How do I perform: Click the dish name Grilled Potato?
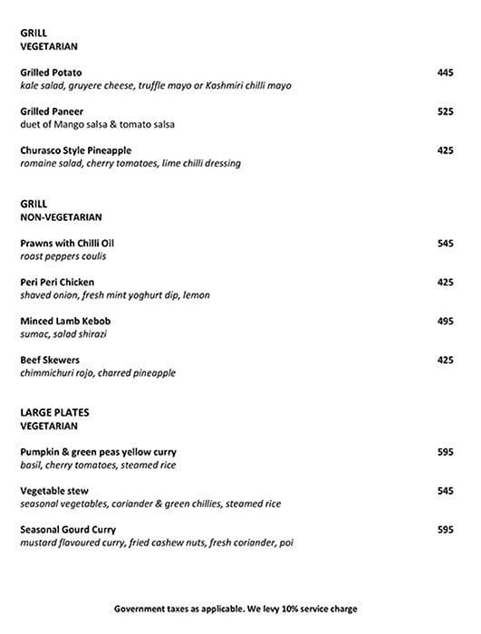(x=51, y=72)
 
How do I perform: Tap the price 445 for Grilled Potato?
(x=445, y=72)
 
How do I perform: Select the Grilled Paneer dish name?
(x=52, y=111)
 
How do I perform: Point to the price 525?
(x=445, y=111)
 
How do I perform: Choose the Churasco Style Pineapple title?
(x=75, y=150)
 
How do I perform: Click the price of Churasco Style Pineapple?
(x=445, y=150)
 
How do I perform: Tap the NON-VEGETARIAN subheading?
(x=61, y=217)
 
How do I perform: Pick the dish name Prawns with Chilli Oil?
(x=67, y=244)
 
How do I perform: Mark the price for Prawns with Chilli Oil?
(x=445, y=244)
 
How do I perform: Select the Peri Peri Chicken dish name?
(x=57, y=283)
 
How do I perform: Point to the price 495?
(x=445, y=321)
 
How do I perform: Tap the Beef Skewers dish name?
(x=50, y=360)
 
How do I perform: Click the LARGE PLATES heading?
(x=54, y=412)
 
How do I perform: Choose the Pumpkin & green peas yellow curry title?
(x=98, y=452)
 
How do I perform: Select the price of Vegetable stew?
(x=445, y=491)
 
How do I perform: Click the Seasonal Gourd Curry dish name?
(x=68, y=529)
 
